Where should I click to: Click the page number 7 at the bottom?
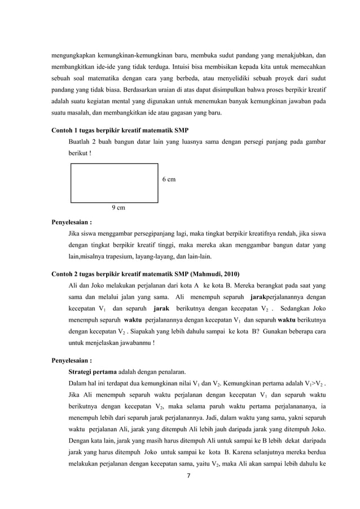click(188, 475)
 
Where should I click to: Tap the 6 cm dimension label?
click(168, 179)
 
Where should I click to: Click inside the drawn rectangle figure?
click(114, 182)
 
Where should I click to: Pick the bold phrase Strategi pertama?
click(93, 372)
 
